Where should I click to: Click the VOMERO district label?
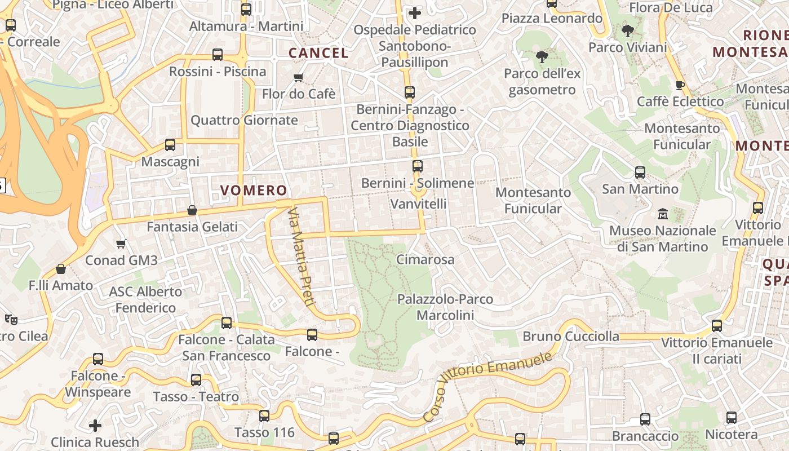click(254, 191)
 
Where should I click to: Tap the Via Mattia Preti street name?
click(301, 257)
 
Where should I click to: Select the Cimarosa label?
click(425, 260)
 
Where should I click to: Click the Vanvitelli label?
click(419, 204)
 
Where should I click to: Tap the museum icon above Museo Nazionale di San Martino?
click(663, 214)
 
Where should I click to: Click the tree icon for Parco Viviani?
click(627, 31)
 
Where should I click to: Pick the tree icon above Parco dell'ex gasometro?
click(542, 57)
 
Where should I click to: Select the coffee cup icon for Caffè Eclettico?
click(680, 85)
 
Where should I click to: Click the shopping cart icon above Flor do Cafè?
click(299, 77)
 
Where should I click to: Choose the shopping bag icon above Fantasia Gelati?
click(192, 210)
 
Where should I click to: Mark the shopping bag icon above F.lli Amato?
click(61, 269)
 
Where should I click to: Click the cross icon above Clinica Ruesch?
click(95, 425)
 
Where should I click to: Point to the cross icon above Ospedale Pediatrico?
click(415, 13)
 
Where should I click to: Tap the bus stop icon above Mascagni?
click(170, 145)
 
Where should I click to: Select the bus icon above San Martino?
click(640, 172)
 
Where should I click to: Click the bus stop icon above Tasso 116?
click(264, 416)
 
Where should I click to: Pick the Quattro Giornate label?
click(244, 120)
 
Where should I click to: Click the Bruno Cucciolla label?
click(571, 337)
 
